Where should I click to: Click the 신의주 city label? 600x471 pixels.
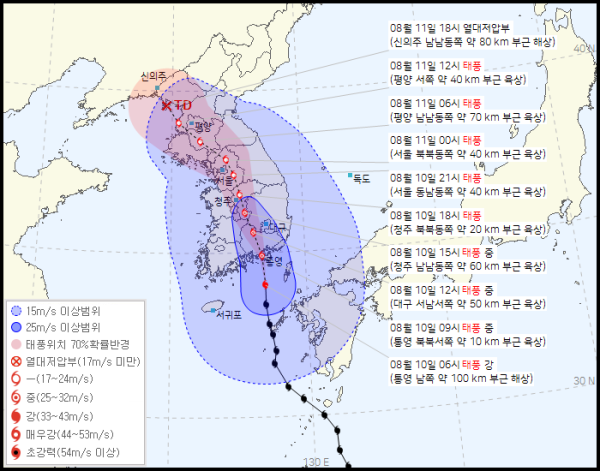tap(153, 75)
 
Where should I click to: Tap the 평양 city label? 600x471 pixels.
tap(203, 127)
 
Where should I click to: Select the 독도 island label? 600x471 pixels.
tap(361, 178)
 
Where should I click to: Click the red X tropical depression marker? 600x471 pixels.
tap(166, 104)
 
